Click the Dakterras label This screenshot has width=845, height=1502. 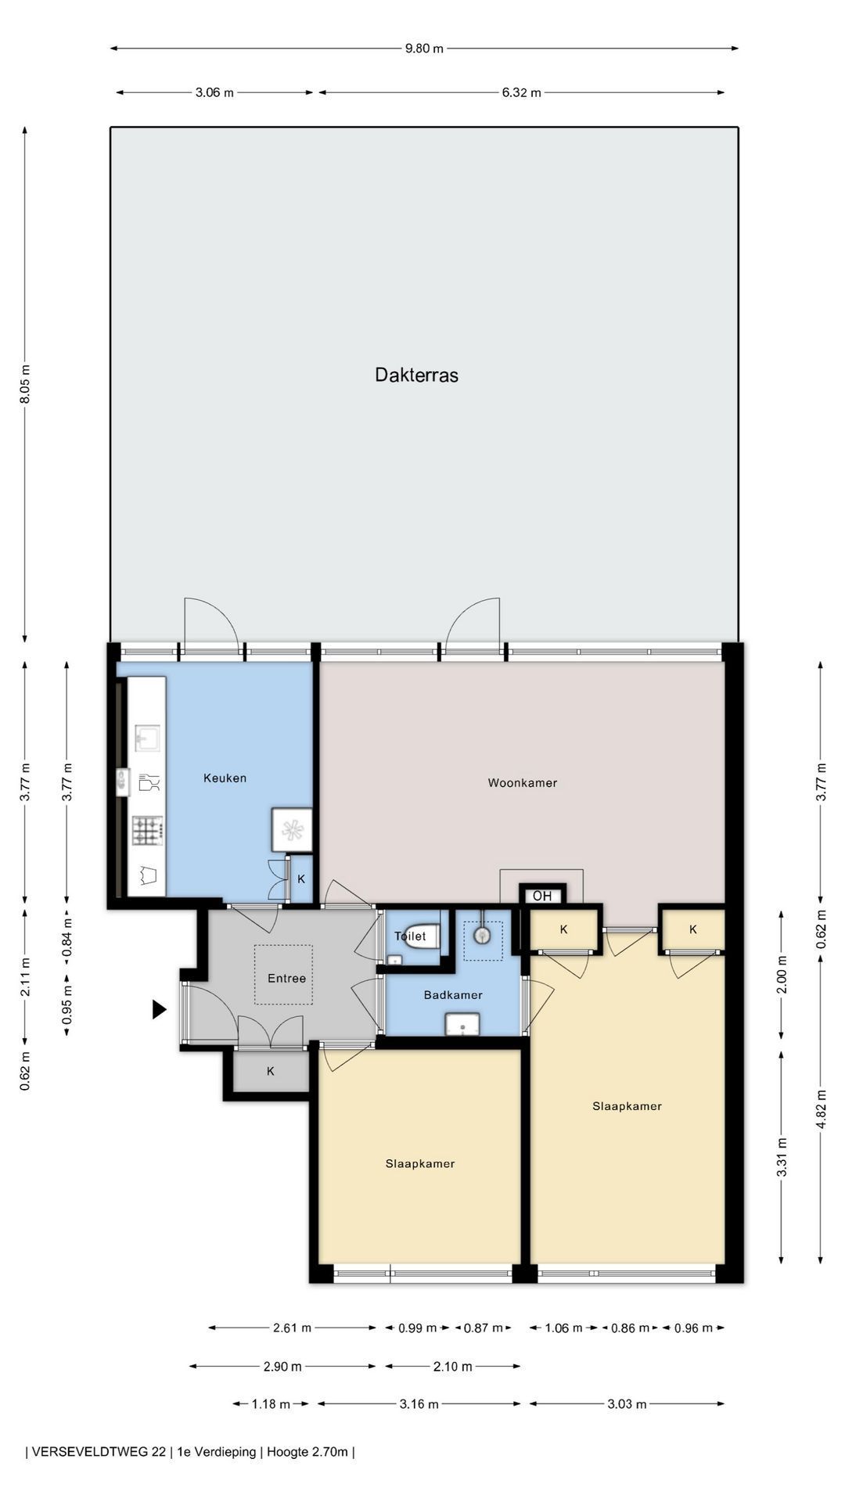point(416,375)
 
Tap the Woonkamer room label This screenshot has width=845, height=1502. point(523,782)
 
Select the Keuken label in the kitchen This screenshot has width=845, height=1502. point(225,778)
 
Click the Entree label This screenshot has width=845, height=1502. point(286,978)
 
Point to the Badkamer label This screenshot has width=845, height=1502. point(453,995)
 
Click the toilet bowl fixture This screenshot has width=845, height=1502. point(422,936)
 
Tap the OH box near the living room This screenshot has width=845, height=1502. point(542,897)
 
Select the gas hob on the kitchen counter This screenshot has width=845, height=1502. point(148,830)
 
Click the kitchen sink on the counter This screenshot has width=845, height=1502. point(147,737)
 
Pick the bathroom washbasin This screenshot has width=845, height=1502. point(462,1024)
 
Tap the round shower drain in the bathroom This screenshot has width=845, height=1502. point(482,934)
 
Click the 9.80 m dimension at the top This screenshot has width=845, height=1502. point(424,49)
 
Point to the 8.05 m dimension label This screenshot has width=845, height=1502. point(25,384)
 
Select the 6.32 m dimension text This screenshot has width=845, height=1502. point(521,92)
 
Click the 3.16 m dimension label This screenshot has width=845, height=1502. point(419,1403)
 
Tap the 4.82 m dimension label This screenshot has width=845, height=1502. point(821,1109)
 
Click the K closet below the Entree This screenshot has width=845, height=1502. point(271,1071)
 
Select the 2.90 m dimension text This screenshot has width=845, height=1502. point(282,1367)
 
